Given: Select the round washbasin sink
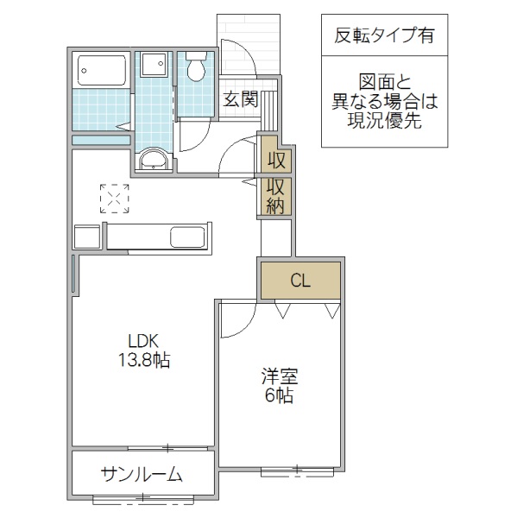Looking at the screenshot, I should tap(154, 159).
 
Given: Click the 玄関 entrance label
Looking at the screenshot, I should tap(240, 98).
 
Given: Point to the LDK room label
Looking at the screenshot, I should tap(143, 340).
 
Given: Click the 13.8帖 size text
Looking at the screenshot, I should tap(143, 360).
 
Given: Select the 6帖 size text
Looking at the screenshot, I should tap(279, 396).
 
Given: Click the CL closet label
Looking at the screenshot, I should tap(299, 280).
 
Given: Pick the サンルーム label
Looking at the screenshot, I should tap(141, 473).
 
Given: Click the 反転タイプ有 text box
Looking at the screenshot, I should tap(384, 37).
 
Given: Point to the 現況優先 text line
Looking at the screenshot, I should tap(385, 122).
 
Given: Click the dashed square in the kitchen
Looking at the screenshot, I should tap(114, 198).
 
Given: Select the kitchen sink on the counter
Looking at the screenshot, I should tap(187, 237).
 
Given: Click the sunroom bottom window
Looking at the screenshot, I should tap(142, 498).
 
